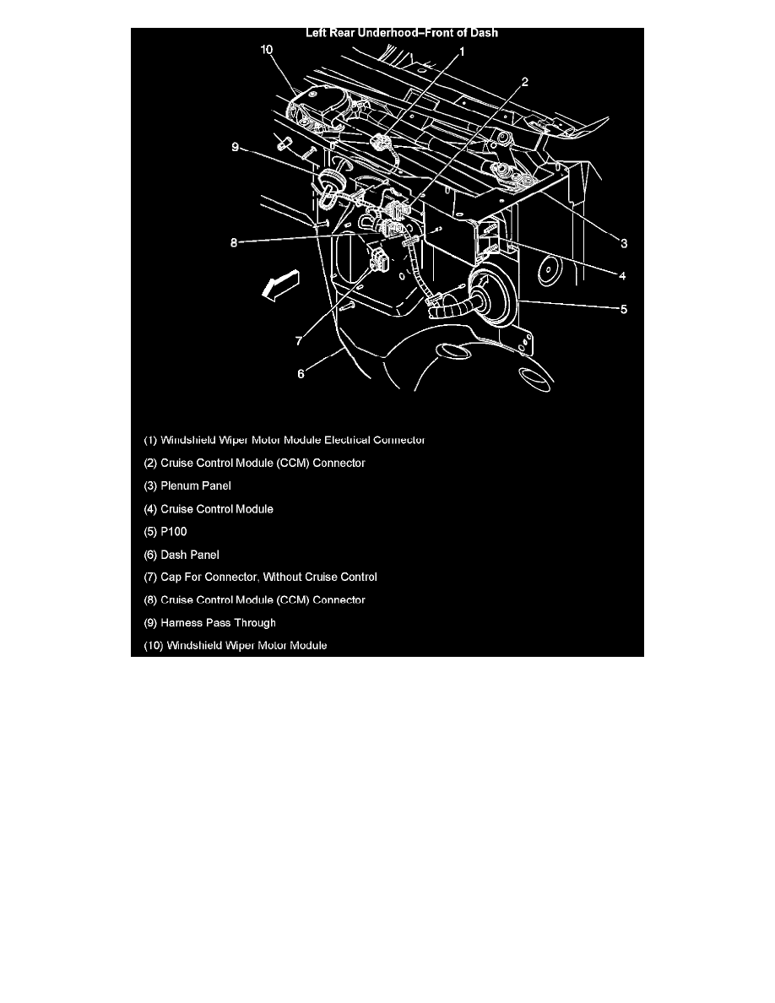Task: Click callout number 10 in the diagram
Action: click(x=267, y=51)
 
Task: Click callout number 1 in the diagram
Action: click(x=462, y=51)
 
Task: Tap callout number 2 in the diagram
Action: click(x=524, y=82)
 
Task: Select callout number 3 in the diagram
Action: click(x=623, y=243)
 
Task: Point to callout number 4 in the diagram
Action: click(x=622, y=275)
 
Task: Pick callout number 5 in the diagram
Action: click(x=623, y=309)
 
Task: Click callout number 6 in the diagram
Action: click(x=301, y=374)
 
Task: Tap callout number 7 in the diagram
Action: click(x=297, y=340)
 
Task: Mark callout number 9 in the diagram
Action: click(x=238, y=146)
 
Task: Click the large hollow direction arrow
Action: click(x=279, y=283)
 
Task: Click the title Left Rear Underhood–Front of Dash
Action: click(x=402, y=34)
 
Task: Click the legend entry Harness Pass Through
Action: click(x=209, y=623)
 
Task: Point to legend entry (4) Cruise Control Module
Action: click(x=208, y=509)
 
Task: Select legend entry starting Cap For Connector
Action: click(x=260, y=577)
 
